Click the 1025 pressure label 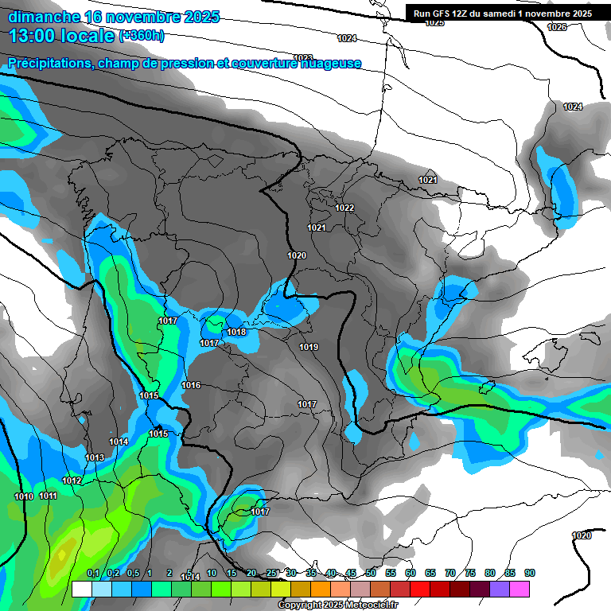[x=434, y=23]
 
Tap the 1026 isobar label [x=557, y=27]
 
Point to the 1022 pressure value [x=344, y=208]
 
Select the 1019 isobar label [x=309, y=347]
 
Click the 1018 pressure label [x=236, y=332]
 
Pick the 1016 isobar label [x=191, y=385]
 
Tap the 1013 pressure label [x=95, y=457]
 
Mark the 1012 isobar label [x=72, y=481]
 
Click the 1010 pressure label [x=24, y=496]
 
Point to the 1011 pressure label [x=49, y=496]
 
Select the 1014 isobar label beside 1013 [x=119, y=442]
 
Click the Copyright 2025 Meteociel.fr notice [x=337, y=605]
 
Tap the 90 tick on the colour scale [x=529, y=573]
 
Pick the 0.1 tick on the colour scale [x=93, y=573]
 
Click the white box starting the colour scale [x=80, y=589]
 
